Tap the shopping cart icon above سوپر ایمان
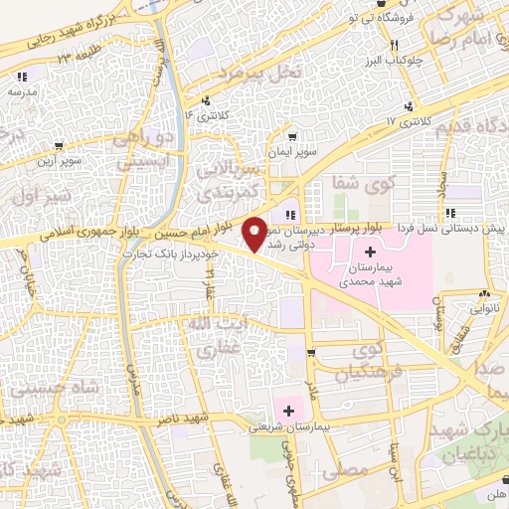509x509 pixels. click(292, 138)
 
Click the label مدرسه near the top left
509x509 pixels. click(22, 90)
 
